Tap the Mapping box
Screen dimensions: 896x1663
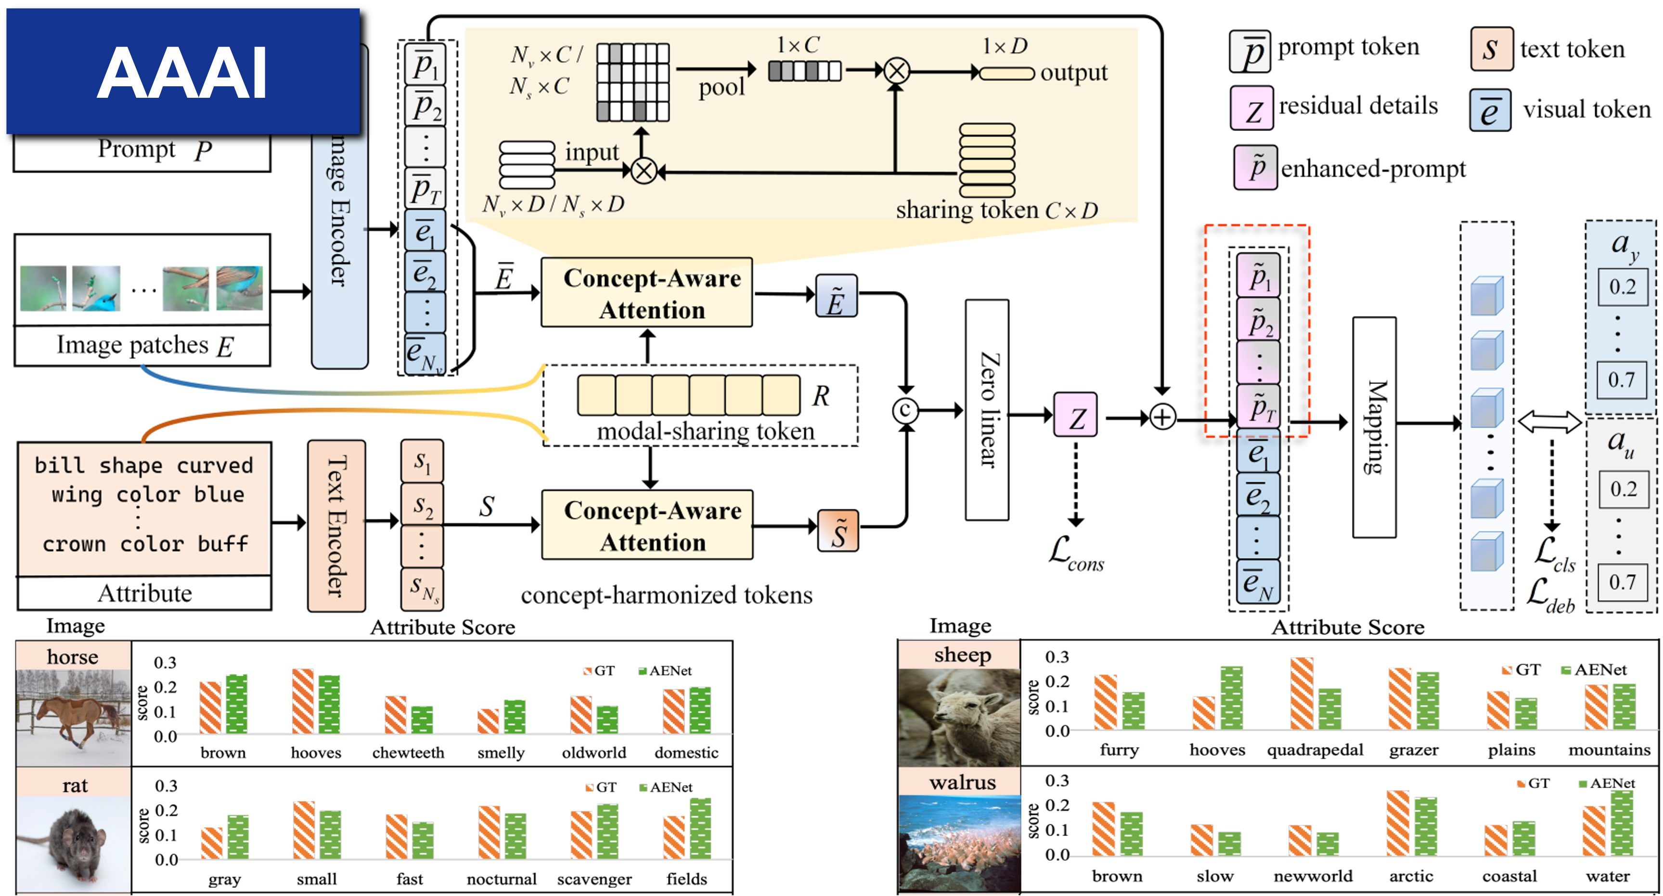click(x=1374, y=427)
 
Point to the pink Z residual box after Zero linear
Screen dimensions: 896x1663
click(x=1075, y=415)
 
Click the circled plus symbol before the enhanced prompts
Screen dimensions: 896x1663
click(x=1162, y=417)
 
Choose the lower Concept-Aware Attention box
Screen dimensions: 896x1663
click(x=647, y=525)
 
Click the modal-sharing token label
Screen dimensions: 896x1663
click(x=705, y=431)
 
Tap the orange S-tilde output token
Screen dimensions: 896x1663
click(x=838, y=531)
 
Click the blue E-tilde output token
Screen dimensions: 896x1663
click(x=836, y=297)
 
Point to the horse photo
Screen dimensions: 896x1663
click(x=73, y=717)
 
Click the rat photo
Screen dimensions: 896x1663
click(x=73, y=843)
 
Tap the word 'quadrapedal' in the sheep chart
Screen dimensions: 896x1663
click(x=1315, y=750)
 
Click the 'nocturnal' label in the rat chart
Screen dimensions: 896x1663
click(x=502, y=879)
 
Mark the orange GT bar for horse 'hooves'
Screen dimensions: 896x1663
click(x=303, y=701)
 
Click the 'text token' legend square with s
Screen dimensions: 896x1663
click(x=1491, y=49)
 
